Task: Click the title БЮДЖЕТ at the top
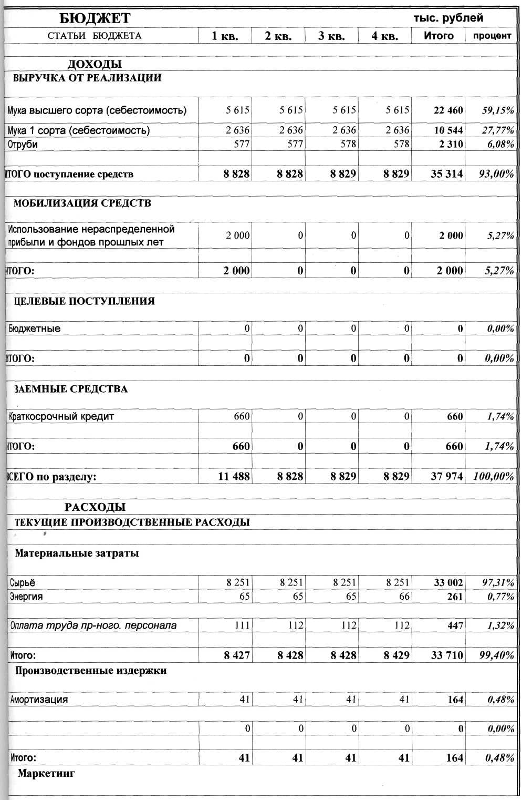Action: tap(95, 18)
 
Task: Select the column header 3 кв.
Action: tap(331, 36)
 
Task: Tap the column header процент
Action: tap(492, 36)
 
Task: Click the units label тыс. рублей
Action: tap(448, 18)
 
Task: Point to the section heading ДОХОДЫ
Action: tap(95, 64)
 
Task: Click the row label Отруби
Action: tap(23, 145)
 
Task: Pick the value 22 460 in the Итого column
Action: tap(448, 110)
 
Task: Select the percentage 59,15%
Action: tap(498, 110)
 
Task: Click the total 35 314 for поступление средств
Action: tap(447, 174)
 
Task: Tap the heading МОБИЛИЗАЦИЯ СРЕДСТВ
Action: tap(82, 203)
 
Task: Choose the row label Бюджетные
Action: tap(35, 329)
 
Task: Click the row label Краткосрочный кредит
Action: tap(61, 417)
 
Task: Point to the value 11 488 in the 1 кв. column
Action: tap(234, 477)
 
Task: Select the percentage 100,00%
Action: tap(494, 477)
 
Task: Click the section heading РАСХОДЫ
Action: tap(95, 507)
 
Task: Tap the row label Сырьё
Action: tap(23, 583)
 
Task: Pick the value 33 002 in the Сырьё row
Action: tap(448, 582)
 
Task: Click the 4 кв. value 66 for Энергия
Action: tap(404, 597)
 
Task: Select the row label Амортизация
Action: tap(39, 700)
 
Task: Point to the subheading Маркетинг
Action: tap(46, 773)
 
